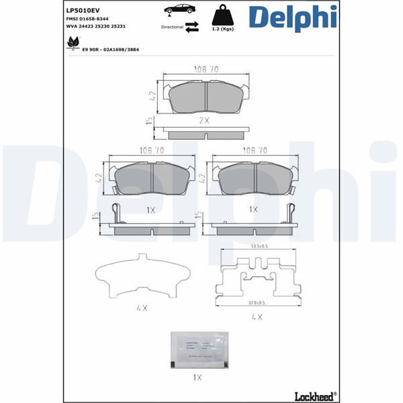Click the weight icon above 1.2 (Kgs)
tap(222, 14)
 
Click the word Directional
tap(172, 28)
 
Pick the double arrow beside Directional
tap(191, 27)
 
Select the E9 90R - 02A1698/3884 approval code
tap(112, 49)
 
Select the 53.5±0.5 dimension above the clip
tap(258, 247)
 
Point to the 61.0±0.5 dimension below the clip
tap(257, 302)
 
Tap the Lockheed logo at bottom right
tap(314, 394)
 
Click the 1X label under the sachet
tap(197, 377)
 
